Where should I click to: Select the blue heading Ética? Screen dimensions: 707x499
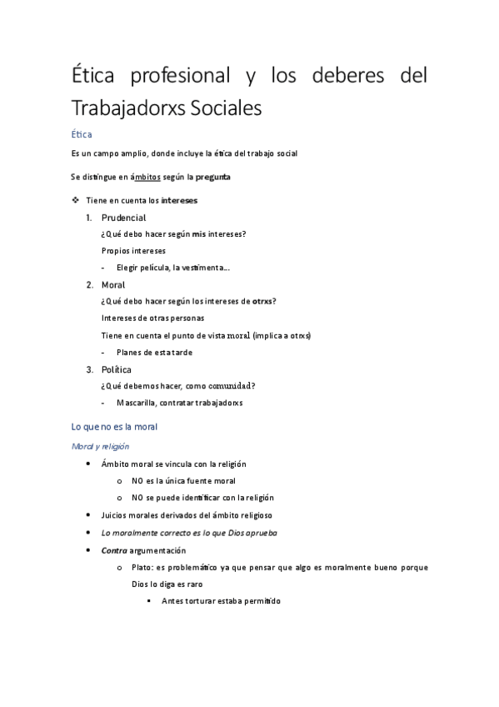(82, 133)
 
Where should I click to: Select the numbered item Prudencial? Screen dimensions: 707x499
(123, 218)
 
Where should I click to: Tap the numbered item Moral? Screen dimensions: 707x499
(113, 285)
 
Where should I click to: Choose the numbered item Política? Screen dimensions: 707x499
(117, 369)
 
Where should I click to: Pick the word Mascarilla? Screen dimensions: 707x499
(138, 403)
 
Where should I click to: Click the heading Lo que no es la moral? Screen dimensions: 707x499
(115, 427)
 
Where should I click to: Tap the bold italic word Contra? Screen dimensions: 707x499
(113, 551)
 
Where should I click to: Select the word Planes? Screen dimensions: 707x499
(132, 352)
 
